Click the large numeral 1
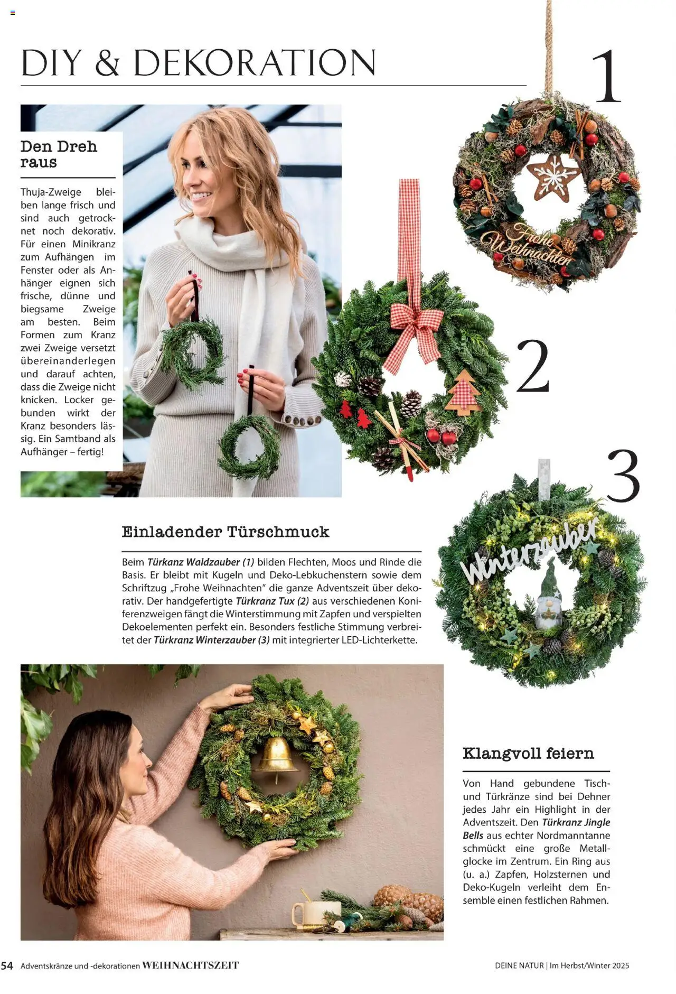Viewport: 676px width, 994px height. click(x=607, y=76)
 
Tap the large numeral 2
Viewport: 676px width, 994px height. click(x=532, y=366)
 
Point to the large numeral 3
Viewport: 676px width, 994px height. click(x=623, y=476)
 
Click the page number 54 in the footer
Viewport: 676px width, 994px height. click(x=7, y=965)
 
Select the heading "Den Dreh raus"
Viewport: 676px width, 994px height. click(x=59, y=154)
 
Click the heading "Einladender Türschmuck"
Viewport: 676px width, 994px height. click(x=226, y=532)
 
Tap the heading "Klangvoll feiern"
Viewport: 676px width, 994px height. click(x=528, y=753)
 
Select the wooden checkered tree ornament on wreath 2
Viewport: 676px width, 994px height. click(x=462, y=392)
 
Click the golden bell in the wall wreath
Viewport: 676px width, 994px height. click(x=275, y=756)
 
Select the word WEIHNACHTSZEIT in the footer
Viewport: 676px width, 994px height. click(x=191, y=965)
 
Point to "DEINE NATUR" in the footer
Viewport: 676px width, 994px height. click(x=519, y=965)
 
